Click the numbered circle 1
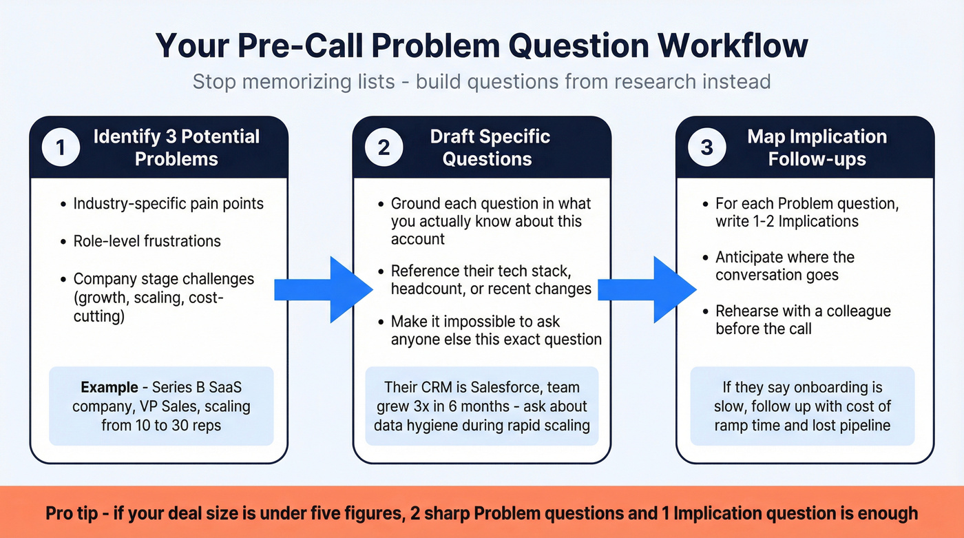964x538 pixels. click(x=60, y=147)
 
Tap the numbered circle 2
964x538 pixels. click(x=384, y=147)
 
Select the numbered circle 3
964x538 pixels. click(x=706, y=147)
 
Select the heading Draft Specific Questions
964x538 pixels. click(x=490, y=147)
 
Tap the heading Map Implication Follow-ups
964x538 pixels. click(x=817, y=147)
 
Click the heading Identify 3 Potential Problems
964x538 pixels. click(x=176, y=147)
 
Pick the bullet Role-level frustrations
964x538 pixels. click(x=147, y=241)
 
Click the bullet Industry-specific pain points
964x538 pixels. click(x=168, y=204)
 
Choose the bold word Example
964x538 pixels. click(x=106, y=387)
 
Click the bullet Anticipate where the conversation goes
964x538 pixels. click(x=785, y=266)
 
